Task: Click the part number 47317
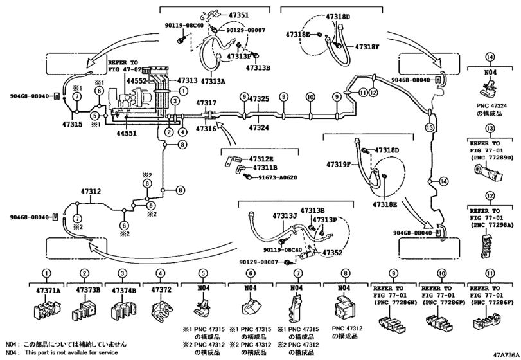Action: (207, 103)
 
